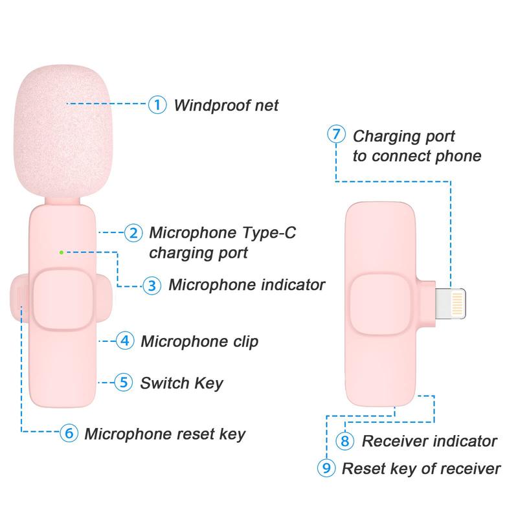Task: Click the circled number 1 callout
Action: coord(157,104)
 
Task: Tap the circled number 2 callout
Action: coord(133,233)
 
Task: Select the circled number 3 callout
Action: coord(152,285)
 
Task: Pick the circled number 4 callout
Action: coord(125,341)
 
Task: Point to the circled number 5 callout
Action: coord(124,382)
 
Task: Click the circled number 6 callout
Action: coord(69,433)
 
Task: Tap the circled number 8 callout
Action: coord(346,442)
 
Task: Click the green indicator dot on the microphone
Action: coord(61,252)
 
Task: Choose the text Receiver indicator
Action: coord(429,442)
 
